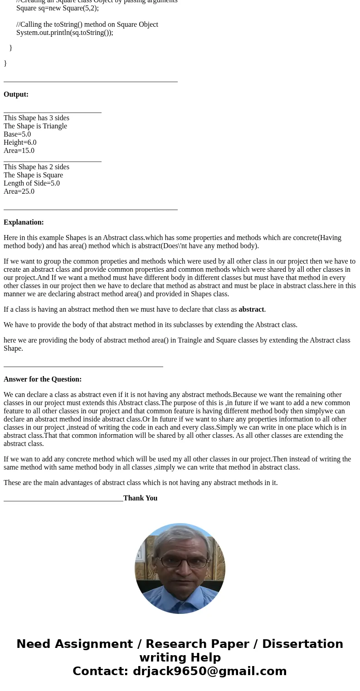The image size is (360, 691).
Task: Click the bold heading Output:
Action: pos(16,94)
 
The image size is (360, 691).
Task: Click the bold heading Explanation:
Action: pos(24,222)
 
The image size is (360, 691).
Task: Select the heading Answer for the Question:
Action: pos(43,379)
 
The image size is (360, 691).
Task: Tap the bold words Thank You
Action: pos(140,498)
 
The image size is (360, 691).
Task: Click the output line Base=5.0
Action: pos(17,134)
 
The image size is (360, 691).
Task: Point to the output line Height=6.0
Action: pos(20,142)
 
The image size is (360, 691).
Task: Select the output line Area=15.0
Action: pos(19,151)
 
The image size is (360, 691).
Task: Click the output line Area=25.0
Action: pos(19,191)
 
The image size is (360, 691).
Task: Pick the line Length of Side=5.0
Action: pos(32,183)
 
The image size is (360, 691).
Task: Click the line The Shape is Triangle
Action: pos(35,126)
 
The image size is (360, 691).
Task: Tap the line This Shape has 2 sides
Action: pos(36,167)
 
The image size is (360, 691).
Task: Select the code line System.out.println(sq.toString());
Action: pos(64,33)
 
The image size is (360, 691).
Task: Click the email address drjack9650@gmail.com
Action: pos(209,671)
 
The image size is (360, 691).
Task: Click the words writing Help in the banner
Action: pos(180,658)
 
